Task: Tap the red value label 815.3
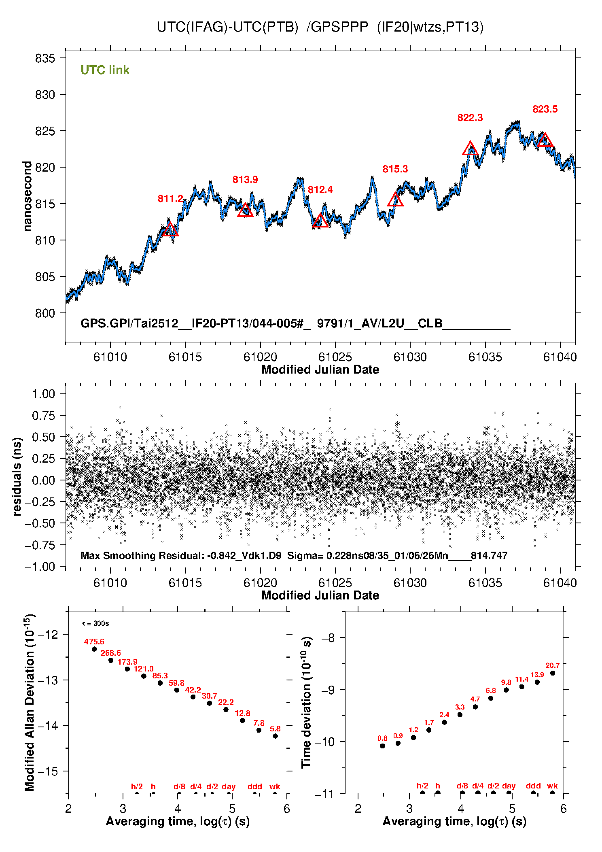pos(395,169)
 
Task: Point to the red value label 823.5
pos(545,109)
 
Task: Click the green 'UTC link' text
pos(105,70)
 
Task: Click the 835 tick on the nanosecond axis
pos(45,58)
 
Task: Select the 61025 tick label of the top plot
pos(335,357)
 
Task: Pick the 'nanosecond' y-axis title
pos(27,196)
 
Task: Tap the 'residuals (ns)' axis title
pos(17,477)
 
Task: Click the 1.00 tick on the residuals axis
pos(43,394)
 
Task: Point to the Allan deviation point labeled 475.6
pos(95,649)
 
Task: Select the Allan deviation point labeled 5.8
pos(275,736)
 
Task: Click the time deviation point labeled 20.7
pos(553,674)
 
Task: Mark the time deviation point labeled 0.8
pos(382,746)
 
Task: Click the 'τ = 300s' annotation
pos(95,623)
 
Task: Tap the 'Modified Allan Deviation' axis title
pos(30,703)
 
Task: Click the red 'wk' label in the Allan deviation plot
pos(275,786)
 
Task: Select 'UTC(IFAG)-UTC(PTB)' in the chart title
pos(227,27)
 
